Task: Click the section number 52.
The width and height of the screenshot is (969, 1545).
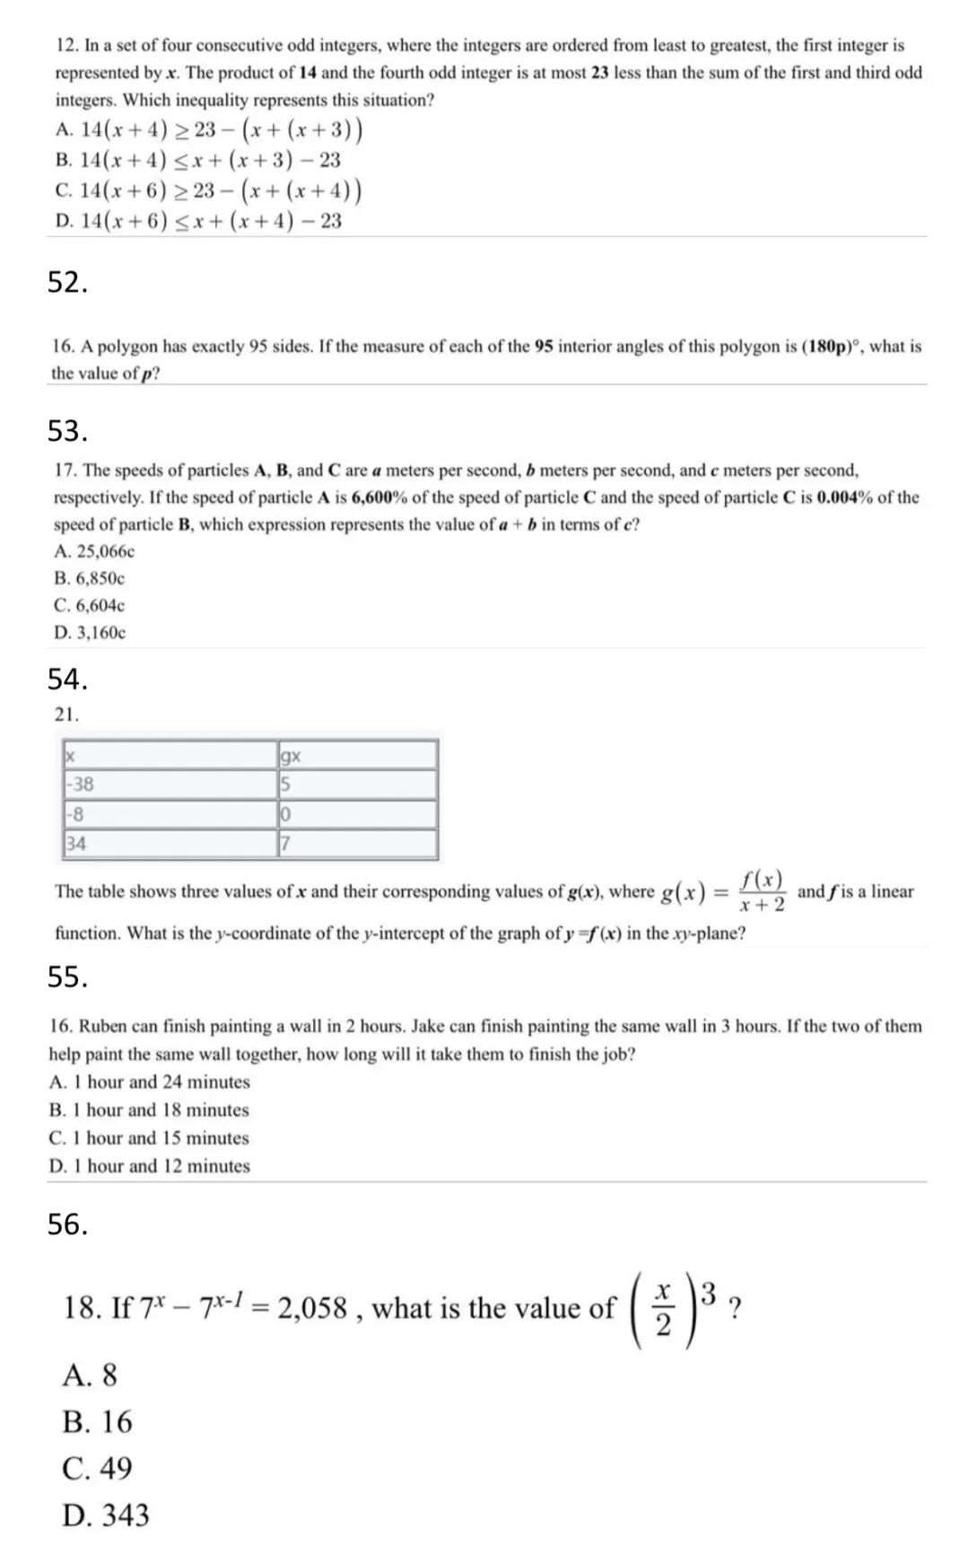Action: [67, 283]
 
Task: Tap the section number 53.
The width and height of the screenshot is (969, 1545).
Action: [67, 431]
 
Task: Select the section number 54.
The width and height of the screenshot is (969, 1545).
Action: [67, 680]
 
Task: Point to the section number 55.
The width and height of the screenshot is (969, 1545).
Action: [67, 977]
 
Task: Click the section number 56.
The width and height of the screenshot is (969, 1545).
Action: [67, 1224]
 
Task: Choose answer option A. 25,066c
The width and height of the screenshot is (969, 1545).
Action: [94, 551]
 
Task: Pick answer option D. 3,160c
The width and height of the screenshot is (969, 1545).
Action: [90, 632]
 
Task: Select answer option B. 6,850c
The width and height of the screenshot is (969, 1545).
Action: [90, 578]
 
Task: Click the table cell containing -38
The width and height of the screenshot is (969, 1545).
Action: [170, 784]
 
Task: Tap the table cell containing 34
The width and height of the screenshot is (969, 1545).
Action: [170, 843]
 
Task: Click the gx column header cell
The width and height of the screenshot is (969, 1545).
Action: [358, 755]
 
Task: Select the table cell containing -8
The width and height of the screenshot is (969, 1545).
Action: [170, 814]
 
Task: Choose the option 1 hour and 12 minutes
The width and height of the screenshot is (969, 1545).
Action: [150, 1166]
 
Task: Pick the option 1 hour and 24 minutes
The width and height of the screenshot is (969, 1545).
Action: [150, 1082]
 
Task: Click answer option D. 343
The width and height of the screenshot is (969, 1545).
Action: [106, 1515]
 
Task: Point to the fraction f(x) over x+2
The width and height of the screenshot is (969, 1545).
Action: [763, 891]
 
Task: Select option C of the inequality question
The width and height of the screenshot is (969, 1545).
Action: [208, 191]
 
